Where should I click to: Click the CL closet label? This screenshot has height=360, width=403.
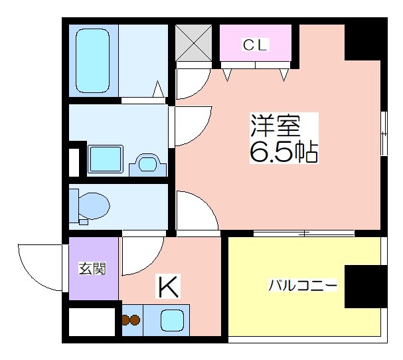click(256, 45)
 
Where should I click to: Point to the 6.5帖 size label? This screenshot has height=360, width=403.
click(284, 151)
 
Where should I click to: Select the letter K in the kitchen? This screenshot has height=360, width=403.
click(169, 286)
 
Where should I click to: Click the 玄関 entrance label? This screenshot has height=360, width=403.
click(92, 268)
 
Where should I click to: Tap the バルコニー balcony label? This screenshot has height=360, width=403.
click(303, 285)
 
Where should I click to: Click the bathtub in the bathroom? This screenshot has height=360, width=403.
click(92, 60)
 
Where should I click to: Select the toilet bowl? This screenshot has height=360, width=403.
click(94, 206)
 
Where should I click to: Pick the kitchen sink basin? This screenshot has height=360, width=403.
click(172, 320)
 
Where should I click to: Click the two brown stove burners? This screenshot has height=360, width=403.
click(131, 320)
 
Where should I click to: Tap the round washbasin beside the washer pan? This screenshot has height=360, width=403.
click(148, 163)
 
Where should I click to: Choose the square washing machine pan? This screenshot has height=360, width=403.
click(105, 159)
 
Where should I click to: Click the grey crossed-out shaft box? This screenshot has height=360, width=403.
click(193, 43)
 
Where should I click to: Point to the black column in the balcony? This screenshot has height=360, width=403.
click(366, 286)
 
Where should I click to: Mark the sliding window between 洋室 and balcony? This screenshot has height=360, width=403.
click(304, 234)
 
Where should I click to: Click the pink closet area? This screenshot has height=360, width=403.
click(256, 43)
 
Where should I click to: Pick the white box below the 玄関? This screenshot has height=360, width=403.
click(92, 321)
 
